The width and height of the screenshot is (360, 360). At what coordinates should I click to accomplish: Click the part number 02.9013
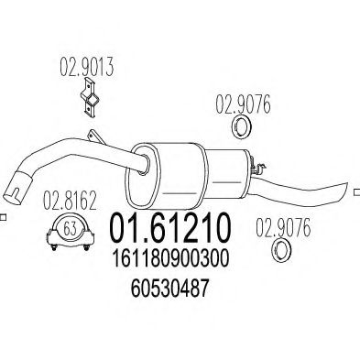click(x=87, y=67)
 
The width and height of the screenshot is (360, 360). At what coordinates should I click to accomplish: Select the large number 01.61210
click(x=169, y=228)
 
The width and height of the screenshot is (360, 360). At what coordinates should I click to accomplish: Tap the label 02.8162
click(x=70, y=200)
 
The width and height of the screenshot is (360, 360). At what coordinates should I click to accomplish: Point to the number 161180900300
click(x=171, y=258)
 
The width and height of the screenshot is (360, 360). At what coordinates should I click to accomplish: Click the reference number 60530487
click(x=170, y=288)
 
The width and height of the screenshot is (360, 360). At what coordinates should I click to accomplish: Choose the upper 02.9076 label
click(x=243, y=104)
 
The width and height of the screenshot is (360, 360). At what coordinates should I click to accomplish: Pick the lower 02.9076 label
click(x=283, y=228)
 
